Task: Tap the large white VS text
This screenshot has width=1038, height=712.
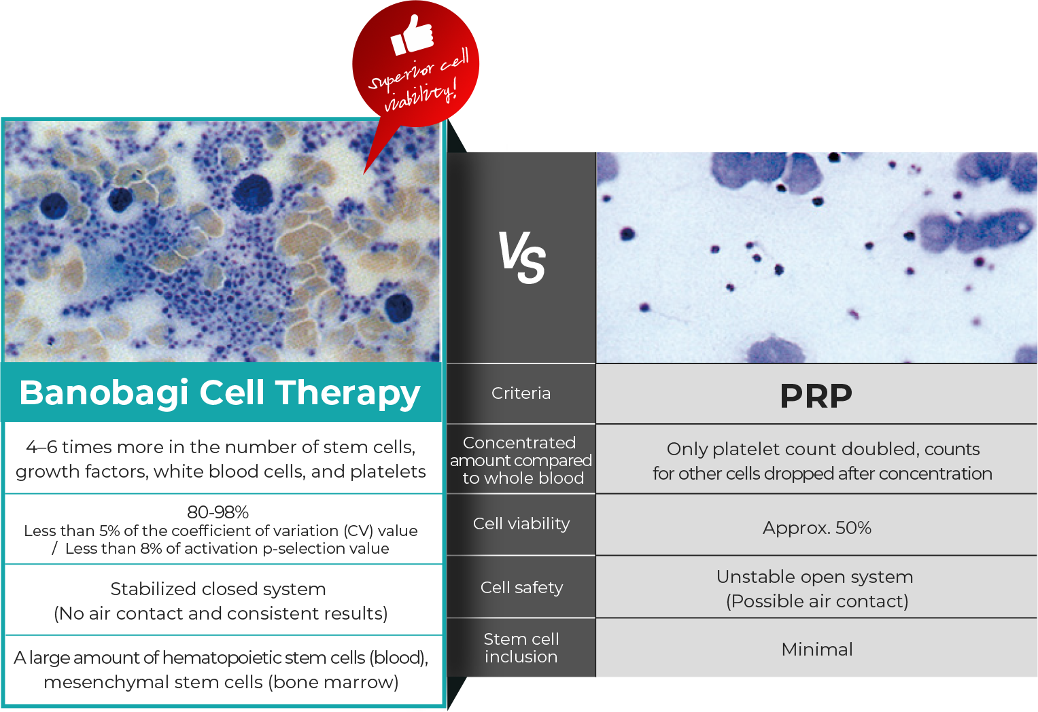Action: pos(522,257)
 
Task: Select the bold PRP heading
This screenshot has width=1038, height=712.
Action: pos(816,396)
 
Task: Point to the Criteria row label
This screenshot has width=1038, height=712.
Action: pos(521,393)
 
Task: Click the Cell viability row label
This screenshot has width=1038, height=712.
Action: pos(521,524)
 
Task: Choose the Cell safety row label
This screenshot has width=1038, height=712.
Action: pos(521,588)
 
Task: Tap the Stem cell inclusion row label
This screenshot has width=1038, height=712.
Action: pos(521,647)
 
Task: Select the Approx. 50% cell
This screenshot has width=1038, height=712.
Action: pos(817,528)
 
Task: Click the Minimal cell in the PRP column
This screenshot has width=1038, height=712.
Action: pos(817,649)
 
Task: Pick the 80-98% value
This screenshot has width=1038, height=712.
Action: pos(218,512)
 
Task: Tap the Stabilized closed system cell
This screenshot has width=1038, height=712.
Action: pos(220,601)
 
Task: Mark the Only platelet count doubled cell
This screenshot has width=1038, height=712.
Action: pos(823,461)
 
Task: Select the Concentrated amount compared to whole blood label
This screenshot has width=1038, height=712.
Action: pos(521,460)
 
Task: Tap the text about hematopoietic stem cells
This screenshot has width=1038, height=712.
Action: pos(221,669)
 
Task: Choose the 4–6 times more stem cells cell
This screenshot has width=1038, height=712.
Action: pos(220,459)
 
